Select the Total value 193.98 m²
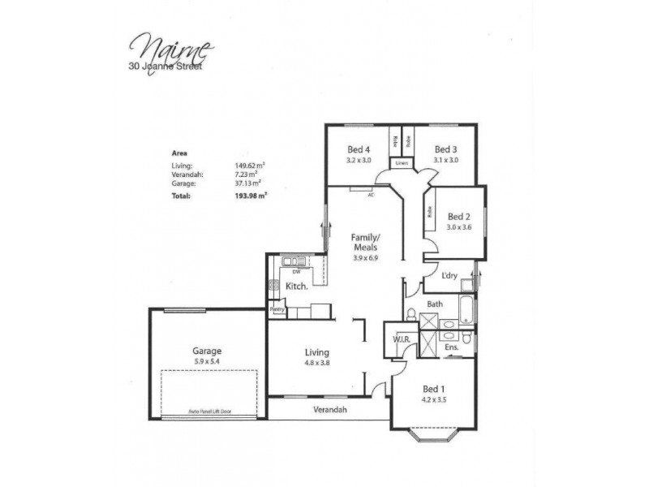coord(251,196)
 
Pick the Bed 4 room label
coord(359,149)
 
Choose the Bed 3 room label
coord(445,149)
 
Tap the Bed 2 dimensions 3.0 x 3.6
coord(458,227)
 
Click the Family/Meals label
coord(365,243)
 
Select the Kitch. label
coord(294,287)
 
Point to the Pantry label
coord(277,309)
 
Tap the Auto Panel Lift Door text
coord(209,412)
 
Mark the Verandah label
coord(331,410)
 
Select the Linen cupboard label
coord(401,164)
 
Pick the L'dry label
coord(450,276)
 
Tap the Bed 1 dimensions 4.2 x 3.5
coord(434,399)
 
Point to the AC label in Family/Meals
coord(371,195)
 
